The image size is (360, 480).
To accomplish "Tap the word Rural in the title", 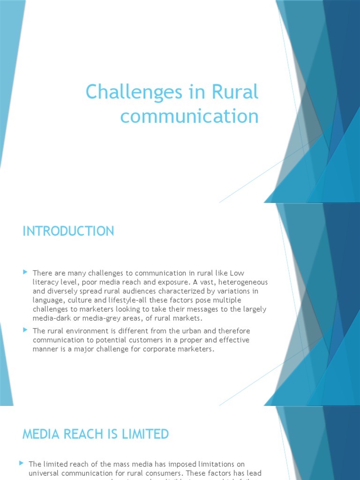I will [x=235, y=92].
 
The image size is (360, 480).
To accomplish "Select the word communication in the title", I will [x=189, y=116].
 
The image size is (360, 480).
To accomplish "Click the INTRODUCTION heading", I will [x=68, y=231].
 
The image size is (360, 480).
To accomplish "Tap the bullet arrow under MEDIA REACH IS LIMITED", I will [x=22, y=463].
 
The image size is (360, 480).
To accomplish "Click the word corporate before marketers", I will [x=157, y=349].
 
